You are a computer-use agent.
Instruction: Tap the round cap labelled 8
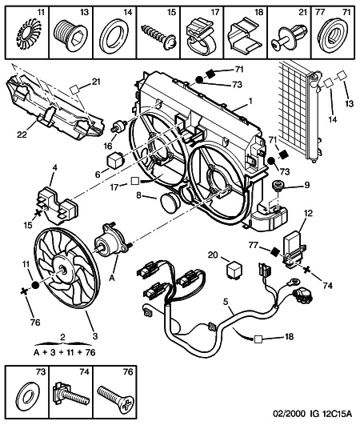[170, 202]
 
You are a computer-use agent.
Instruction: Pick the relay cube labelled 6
[116, 160]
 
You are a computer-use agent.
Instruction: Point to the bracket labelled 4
[57, 205]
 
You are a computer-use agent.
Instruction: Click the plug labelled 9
[278, 186]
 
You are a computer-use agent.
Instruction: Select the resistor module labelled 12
[294, 249]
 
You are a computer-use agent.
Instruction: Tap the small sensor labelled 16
[119, 126]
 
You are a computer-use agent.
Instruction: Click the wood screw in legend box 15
[158, 35]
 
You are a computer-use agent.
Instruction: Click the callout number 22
[22, 134]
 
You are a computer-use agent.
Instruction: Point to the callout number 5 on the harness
[226, 301]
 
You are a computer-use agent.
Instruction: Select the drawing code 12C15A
[337, 414]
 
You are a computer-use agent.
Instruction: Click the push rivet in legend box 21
[290, 38]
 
